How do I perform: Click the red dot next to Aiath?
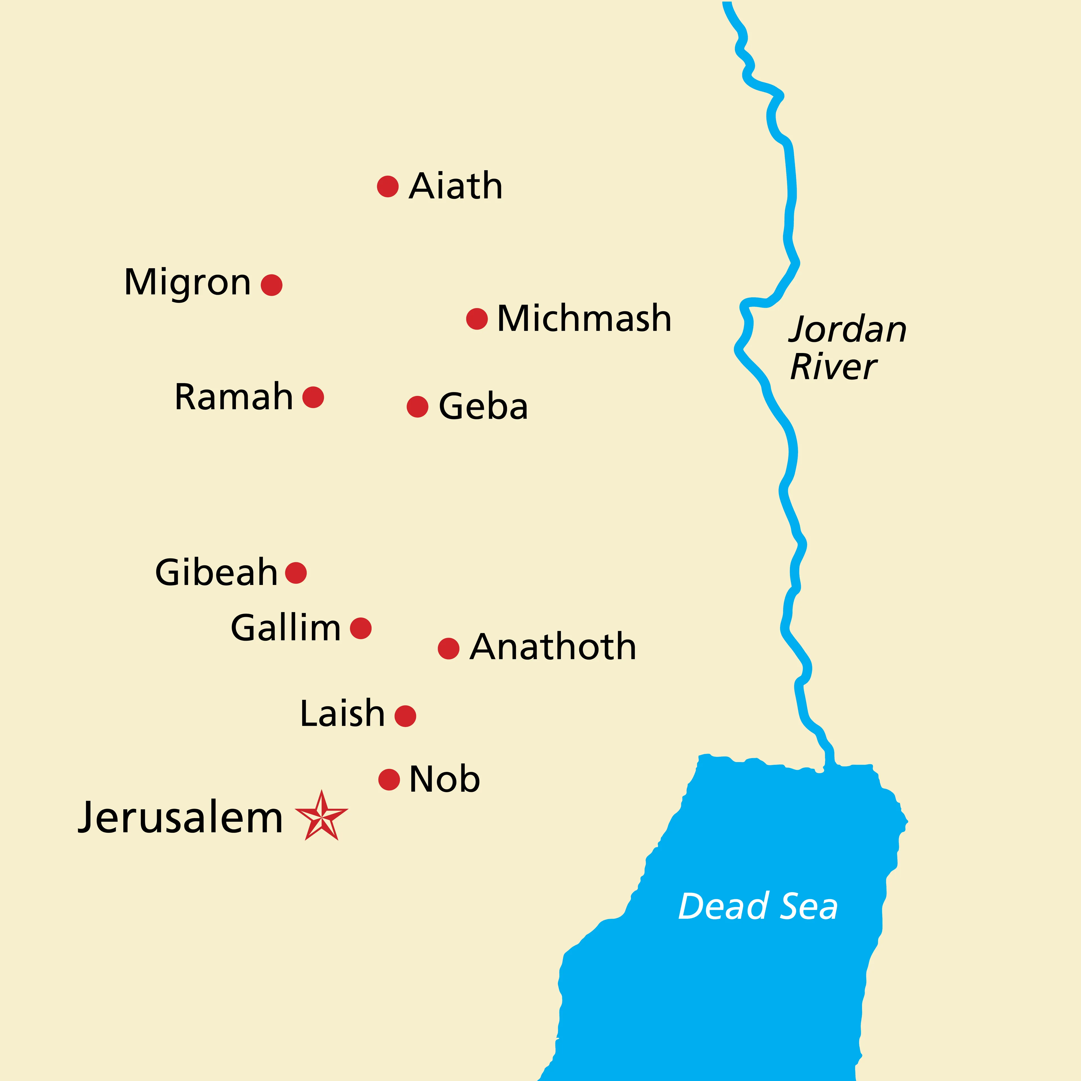point(388,186)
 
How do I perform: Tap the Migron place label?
point(187,283)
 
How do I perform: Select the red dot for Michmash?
point(477,318)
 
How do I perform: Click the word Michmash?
point(584,318)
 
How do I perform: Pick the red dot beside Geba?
point(417,407)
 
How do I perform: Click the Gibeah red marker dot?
point(296,572)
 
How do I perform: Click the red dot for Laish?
point(405,716)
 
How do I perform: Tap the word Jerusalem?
point(180,818)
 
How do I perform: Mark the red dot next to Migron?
point(271,285)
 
